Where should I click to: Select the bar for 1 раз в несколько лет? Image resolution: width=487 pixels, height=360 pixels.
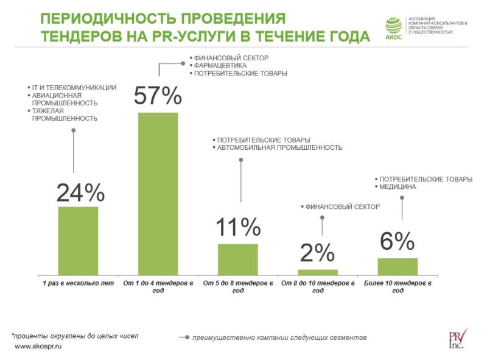[x=78, y=241]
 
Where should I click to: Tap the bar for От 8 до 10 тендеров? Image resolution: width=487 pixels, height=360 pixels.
[x=318, y=272]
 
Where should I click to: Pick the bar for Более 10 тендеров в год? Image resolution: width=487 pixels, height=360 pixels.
[x=398, y=266]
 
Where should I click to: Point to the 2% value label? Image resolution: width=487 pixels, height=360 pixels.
[x=317, y=253]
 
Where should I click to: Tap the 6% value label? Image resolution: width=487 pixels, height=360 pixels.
[x=397, y=242]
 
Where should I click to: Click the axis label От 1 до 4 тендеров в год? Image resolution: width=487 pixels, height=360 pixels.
[x=158, y=286]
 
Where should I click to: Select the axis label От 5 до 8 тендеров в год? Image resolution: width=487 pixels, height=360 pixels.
[x=238, y=286]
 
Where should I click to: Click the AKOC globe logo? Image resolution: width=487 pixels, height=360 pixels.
[x=394, y=25]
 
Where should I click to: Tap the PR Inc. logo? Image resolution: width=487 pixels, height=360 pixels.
[x=457, y=339]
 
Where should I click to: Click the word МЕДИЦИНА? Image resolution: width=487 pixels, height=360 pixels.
[x=398, y=187]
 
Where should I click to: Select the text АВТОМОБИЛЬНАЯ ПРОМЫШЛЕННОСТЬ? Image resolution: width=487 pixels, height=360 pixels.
[x=279, y=147]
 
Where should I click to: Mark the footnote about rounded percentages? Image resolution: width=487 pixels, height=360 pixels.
[x=75, y=336]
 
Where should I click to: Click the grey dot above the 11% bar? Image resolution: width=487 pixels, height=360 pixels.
[x=240, y=160]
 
